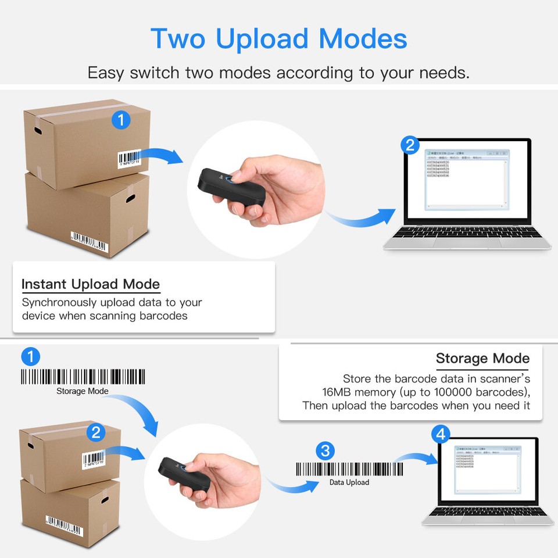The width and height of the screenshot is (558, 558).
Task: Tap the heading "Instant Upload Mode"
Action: click(91, 284)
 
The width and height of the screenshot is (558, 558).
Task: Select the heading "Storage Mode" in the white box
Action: click(482, 358)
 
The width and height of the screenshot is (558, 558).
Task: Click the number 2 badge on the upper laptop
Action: click(410, 145)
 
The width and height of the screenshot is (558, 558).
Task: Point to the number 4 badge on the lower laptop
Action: click(441, 434)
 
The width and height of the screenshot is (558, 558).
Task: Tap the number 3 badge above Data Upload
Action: click(325, 450)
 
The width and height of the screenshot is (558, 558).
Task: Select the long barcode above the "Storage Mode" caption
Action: click(83, 377)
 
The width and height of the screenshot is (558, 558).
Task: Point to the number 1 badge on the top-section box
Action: click(120, 120)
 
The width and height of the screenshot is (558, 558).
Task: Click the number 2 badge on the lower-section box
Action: click(95, 432)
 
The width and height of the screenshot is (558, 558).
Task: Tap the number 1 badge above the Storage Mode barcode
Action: click(30, 356)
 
